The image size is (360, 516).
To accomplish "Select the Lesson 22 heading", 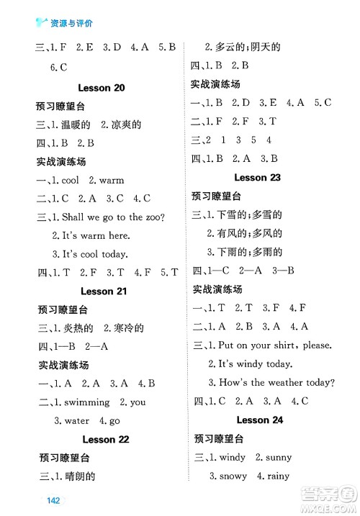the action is pyautogui.click(x=105, y=439).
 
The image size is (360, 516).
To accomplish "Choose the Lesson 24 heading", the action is pyautogui.click(x=258, y=420).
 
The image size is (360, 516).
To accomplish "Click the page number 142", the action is pyautogui.click(x=49, y=502).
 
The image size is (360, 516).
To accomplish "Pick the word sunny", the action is pyautogui.click(x=279, y=457).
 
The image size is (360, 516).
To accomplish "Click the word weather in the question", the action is pyautogui.click(x=283, y=382).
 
